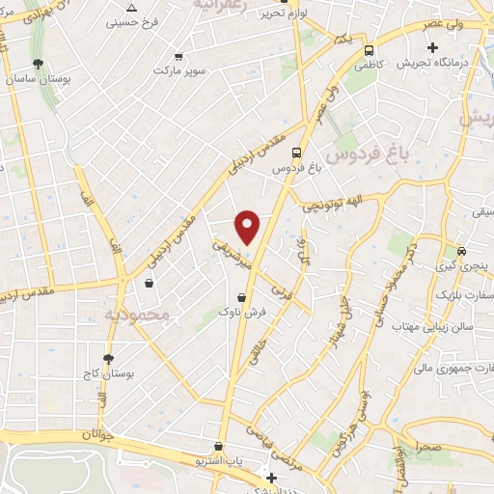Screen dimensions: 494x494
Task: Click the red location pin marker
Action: pyautogui.click(x=248, y=227)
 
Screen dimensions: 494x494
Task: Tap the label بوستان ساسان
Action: pyautogui.click(x=37, y=79)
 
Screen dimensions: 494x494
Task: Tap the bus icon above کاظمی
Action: pyautogui.click(x=369, y=48)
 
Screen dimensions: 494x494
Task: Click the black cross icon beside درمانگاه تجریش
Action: pyautogui.click(x=432, y=47)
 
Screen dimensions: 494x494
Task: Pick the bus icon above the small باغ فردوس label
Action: pyautogui.click(x=295, y=151)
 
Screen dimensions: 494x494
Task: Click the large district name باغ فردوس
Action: pyautogui.click(x=367, y=152)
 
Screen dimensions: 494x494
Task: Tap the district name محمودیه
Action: pyautogui.click(x=136, y=314)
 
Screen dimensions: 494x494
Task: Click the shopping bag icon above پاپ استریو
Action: pyautogui.click(x=220, y=447)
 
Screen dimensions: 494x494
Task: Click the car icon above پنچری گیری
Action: pyautogui.click(x=462, y=250)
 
